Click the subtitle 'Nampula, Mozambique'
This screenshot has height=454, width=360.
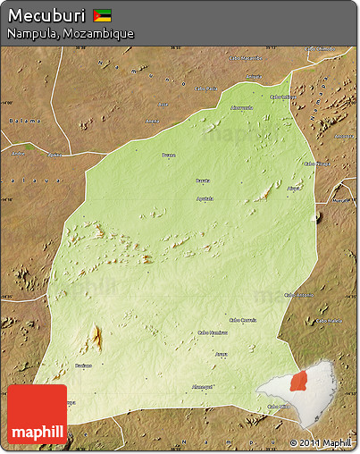71,33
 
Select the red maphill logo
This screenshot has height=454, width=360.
37,414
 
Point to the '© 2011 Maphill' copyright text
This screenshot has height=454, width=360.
321,442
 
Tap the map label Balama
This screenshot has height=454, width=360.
25,121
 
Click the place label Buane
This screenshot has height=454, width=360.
169,156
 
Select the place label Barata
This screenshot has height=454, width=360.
203,181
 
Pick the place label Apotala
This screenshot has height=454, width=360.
205,198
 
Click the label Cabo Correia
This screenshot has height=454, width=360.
242,319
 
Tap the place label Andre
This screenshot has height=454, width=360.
17,153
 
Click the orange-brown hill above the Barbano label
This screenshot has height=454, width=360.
94,338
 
